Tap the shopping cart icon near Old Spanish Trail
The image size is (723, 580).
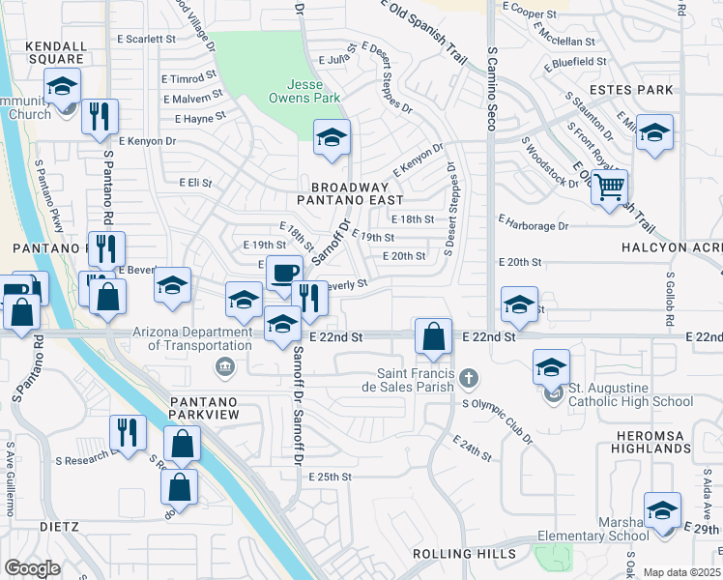point(609,188)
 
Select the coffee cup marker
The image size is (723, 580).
point(284,274)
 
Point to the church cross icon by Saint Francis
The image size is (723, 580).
point(469,376)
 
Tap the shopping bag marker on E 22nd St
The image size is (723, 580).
point(434,337)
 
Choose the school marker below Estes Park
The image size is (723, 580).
point(654,133)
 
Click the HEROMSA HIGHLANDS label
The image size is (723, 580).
point(651,442)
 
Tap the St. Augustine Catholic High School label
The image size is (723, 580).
point(630,395)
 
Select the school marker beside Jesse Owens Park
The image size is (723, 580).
point(332,138)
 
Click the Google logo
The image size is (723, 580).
point(32,568)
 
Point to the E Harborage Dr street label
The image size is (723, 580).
point(534,226)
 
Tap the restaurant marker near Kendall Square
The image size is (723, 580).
point(100,118)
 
